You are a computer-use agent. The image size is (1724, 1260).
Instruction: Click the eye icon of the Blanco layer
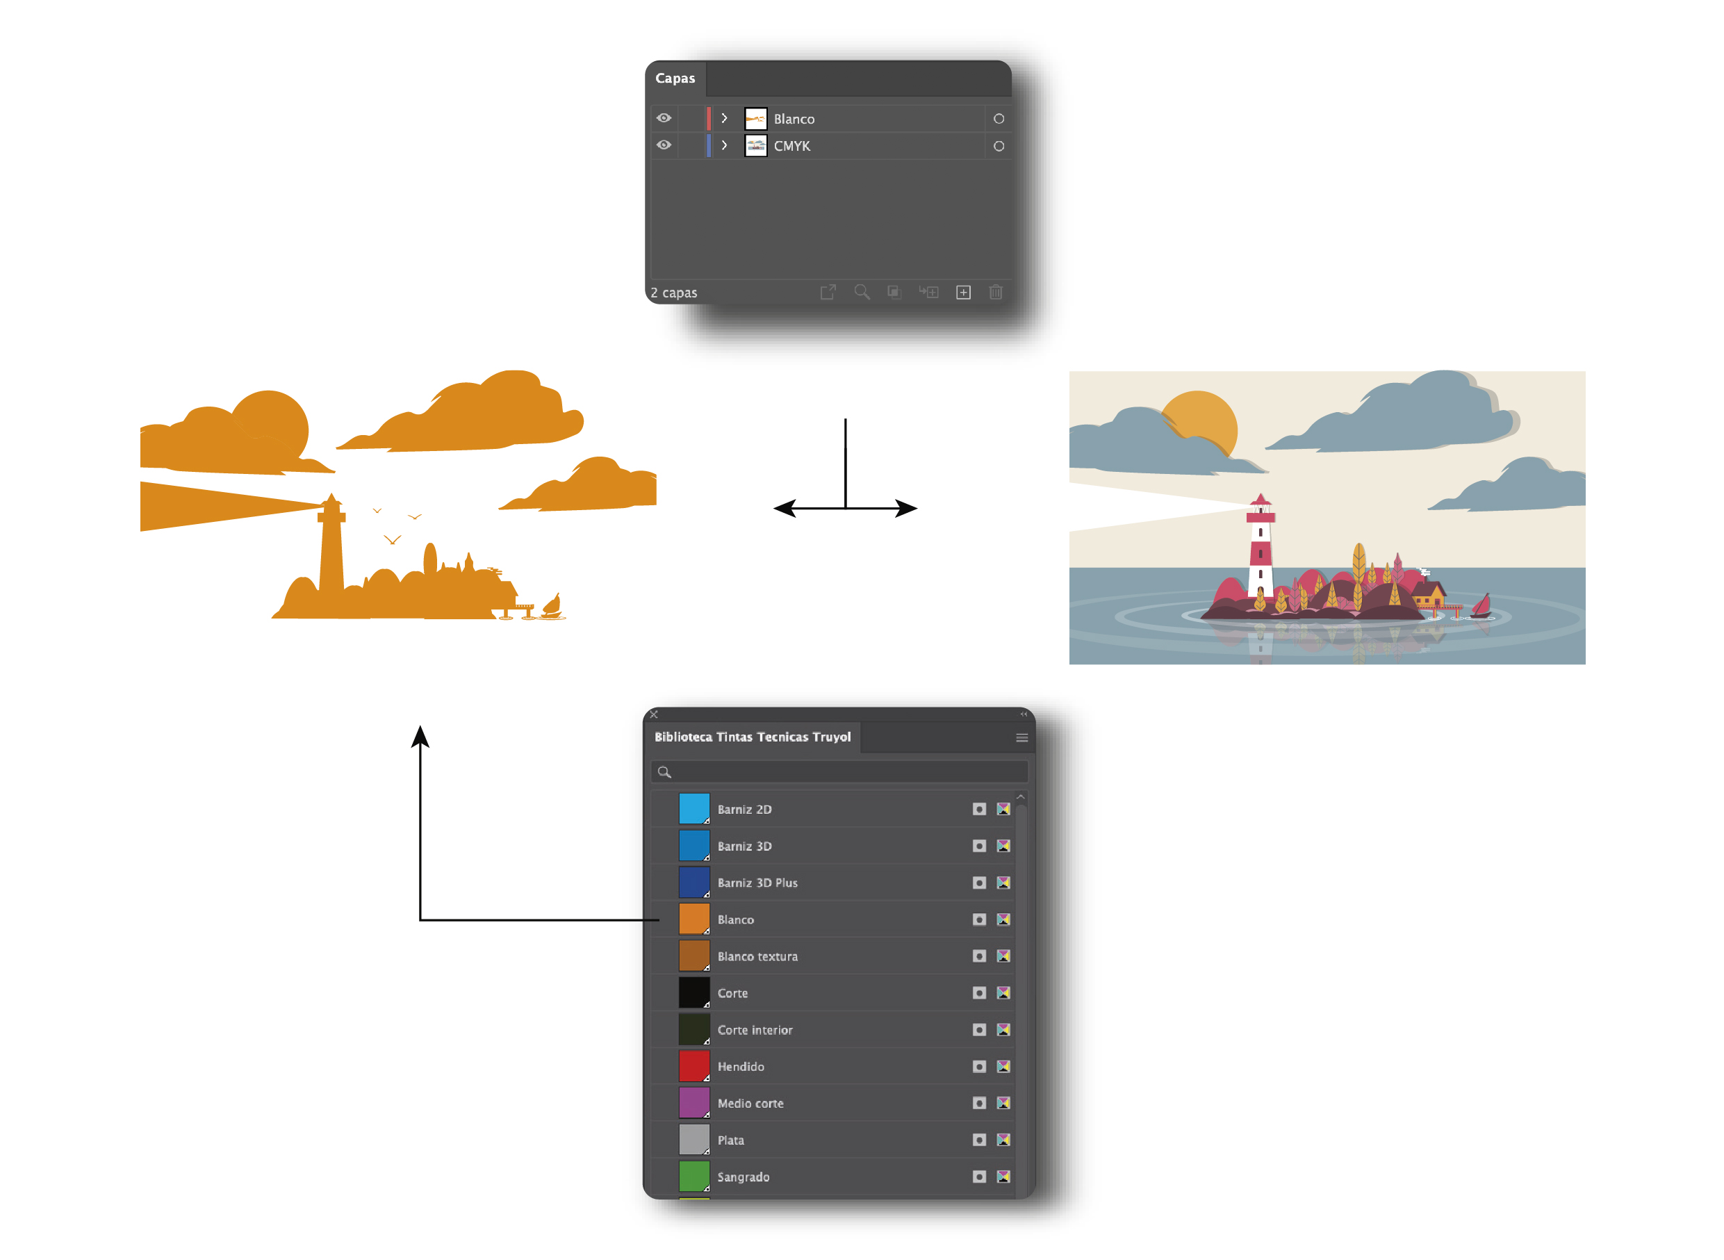pyautogui.click(x=664, y=118)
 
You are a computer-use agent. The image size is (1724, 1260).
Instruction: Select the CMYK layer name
pyautogui.click(x=791, y=146)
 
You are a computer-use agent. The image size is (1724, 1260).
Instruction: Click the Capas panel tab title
pyautogui.click(x=674, y=78)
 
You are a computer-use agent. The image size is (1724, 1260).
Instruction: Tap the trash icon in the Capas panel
pyautogui.click(x=995, y=292)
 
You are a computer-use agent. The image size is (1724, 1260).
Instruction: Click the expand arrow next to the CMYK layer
pyautogui.click(x=724, y=145)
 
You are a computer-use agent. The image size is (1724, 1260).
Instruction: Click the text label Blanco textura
pyautogui.click(x=757, y=956)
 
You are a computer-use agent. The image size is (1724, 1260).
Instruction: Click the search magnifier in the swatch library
pyautogui.click(x=664, y=772)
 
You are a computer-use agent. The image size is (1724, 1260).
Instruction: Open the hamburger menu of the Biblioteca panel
pyautogui.click(x=1021, y=737)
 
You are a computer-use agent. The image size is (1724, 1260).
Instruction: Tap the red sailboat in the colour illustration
pyautogui.click(x=1481, y=605)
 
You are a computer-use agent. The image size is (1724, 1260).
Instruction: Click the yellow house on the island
pyautogui.click(x=1428, y=594)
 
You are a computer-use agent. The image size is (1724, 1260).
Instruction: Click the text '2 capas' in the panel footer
pyautogui.click(x=673, y=293)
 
